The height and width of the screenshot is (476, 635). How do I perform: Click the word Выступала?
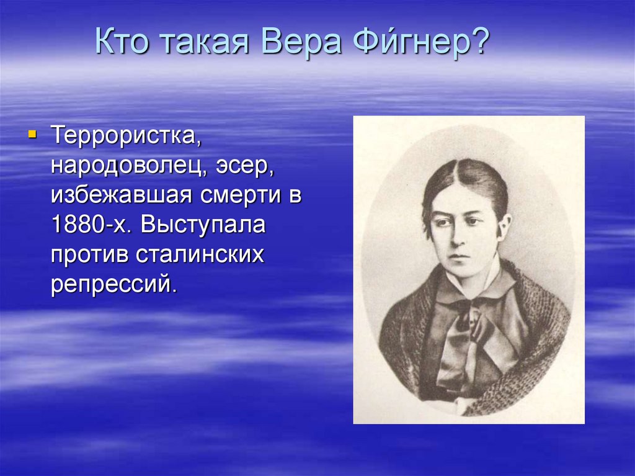pos(203,225)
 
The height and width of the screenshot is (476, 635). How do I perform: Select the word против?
pos(87,255)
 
